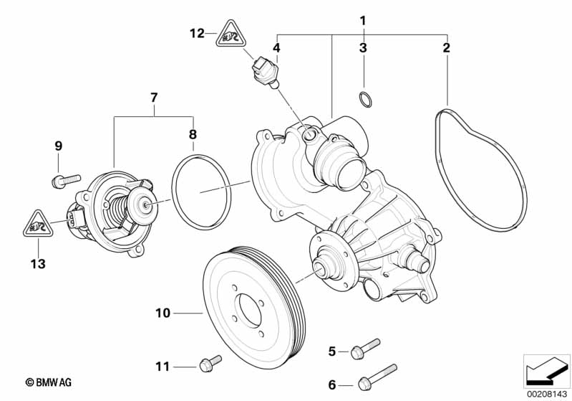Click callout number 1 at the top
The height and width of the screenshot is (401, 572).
363,20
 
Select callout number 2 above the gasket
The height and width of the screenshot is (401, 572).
447,48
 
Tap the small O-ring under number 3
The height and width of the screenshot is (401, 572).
364,100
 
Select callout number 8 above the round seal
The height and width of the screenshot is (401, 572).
192,134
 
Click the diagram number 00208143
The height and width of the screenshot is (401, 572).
547,393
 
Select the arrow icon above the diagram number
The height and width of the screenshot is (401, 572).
546,371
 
